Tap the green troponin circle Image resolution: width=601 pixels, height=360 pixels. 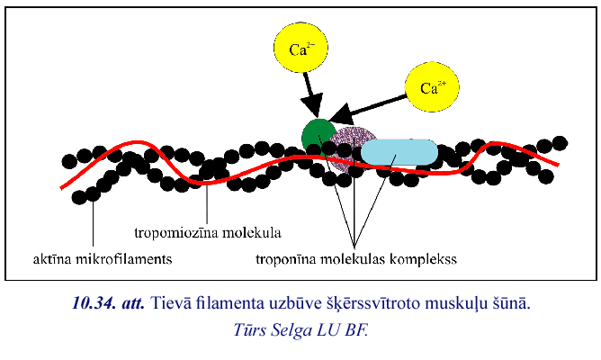(x=318, y=136)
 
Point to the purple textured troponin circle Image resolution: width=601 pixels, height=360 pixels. (x=354, y=148)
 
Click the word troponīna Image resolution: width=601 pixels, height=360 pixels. (x=295, y=259)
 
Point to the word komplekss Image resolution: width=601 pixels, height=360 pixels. (x=427, y=259)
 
